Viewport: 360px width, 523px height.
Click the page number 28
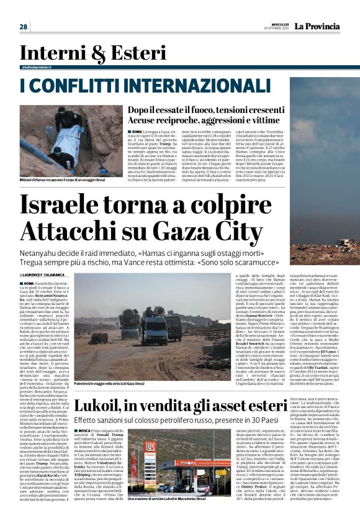coord(24,26)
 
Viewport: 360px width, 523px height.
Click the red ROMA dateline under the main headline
coord(29,283)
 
